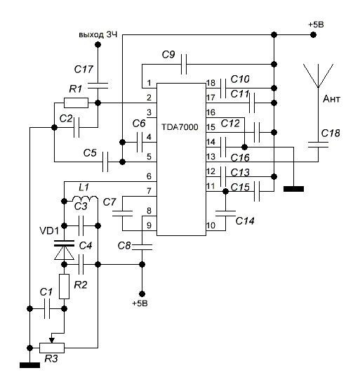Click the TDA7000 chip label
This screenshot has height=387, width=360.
(180, 127)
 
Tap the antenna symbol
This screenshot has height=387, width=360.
(318, 76)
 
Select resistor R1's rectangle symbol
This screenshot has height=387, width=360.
(76, 103)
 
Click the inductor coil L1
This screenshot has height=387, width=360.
(84, 199)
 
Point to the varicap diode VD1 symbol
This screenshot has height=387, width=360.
(64, 250)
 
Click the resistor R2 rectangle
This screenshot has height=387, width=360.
(64, 287)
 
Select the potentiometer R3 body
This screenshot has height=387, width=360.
(52, 348)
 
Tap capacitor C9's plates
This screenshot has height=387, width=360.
(184, 64)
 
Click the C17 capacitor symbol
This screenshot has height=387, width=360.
(98, 86)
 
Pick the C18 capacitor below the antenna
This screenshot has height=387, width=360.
(318, 145)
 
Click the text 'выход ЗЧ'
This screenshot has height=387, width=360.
(98, 34)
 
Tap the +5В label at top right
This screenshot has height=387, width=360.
(316, 25)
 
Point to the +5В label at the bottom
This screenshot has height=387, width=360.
(140, 303)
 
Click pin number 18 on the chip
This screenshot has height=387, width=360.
(211, 83)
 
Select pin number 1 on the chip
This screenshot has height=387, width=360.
(149, 83)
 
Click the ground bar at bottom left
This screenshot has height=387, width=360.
(29, 365)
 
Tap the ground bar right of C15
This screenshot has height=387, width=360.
(293, 189)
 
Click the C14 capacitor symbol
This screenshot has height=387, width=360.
(225, 214)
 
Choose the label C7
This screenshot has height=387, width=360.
(109, 202)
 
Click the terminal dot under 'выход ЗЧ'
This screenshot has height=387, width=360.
(98, 45)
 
